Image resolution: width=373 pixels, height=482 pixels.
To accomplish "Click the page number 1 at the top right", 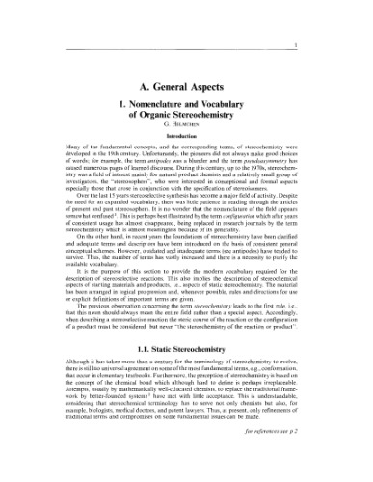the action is (360, 16).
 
